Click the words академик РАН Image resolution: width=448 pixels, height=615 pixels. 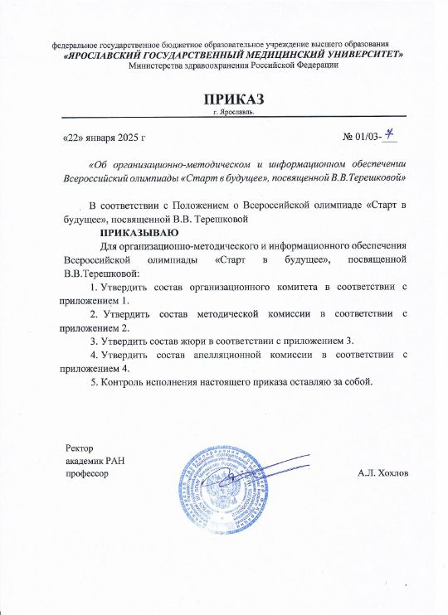coord(95,461)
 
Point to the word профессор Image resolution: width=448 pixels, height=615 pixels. coord(87,473)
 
